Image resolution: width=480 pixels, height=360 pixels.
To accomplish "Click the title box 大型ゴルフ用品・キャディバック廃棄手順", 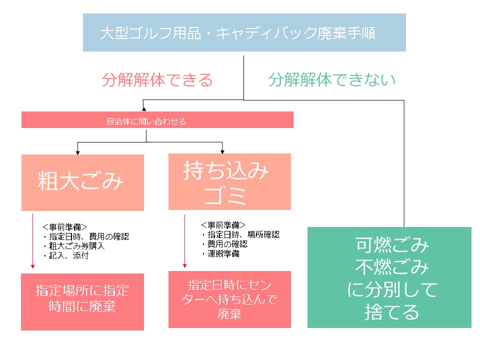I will tap(244, 33).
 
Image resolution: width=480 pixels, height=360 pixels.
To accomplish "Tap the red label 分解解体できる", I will tap(157, 80).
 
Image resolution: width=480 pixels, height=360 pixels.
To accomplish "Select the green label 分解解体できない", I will tap(331, 79).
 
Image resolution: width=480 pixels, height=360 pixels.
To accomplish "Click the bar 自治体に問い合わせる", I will tap(157, 120).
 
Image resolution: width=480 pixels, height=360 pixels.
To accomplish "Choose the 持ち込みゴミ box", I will tap(229, 182).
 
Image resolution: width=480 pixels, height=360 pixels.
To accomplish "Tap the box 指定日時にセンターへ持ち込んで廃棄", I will tap(229, 299).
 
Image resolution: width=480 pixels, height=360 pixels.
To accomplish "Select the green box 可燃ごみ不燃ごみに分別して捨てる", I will tap(389, 277).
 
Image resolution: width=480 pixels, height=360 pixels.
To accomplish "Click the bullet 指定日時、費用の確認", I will tap(85, 236).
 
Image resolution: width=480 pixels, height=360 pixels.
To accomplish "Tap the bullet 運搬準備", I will tap(220, 253).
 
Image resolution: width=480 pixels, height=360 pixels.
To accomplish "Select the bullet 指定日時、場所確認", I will tap(240, 234).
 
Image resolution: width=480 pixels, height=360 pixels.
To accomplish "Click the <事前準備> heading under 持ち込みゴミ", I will tap(223, 225).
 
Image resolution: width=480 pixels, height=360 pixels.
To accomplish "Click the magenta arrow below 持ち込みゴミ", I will tap(185, 240).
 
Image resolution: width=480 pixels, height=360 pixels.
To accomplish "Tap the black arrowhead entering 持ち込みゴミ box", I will tap(222, 151).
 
